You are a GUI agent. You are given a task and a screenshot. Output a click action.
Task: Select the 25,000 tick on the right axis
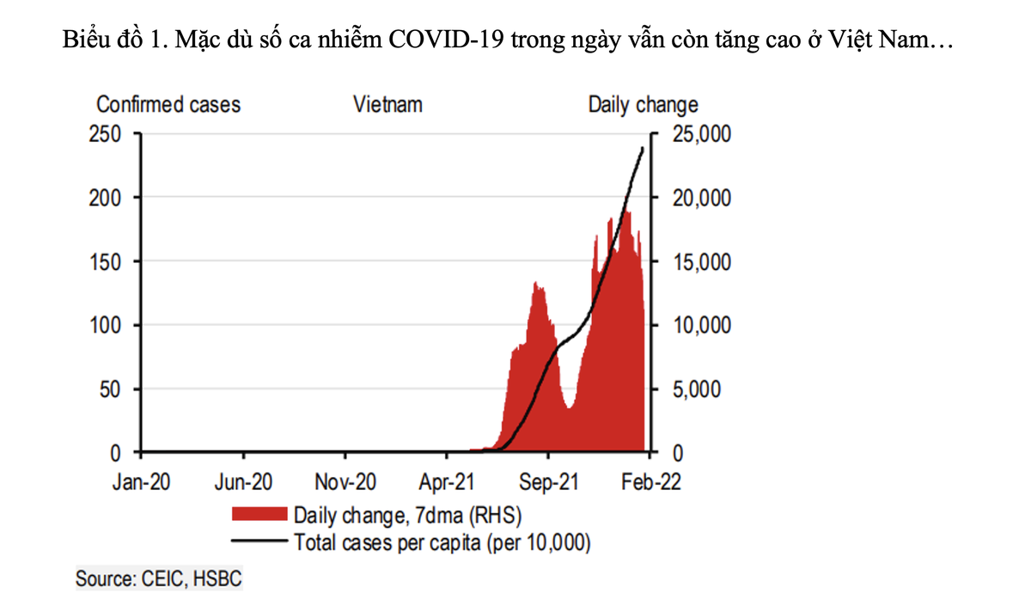(696, 134)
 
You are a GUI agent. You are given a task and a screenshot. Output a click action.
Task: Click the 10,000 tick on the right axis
(696, 325)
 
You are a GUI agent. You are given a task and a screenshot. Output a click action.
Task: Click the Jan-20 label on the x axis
(142, 481)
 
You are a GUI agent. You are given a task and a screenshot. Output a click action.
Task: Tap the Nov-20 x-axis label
(345, 481)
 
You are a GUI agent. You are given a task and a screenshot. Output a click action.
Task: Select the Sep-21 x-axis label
(549, 481)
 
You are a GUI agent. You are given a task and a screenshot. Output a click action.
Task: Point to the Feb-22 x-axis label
(651, 481)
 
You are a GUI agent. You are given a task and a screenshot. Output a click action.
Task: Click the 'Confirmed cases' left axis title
(168, 105)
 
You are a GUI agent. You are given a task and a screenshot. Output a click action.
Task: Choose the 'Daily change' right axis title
(643, 105)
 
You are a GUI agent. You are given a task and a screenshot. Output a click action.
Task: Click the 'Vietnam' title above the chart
(387, 105)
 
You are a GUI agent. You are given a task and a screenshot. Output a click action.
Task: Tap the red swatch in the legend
(258, 515)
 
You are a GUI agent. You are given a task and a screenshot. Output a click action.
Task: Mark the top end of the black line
(643, 149)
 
